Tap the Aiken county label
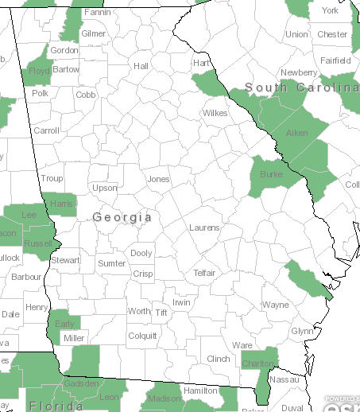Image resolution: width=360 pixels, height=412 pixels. pyautogui.click(x=297, y=133)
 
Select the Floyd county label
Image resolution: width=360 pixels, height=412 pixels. pyautogui.click(x=40, y=71)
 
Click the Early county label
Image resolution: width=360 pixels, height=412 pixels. pyautogui.click(x=64, y=325)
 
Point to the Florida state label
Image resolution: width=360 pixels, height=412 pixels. pyautogui.click(x=56, y=406)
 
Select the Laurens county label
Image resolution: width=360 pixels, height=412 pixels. pyautogui.click(x=204, y=228)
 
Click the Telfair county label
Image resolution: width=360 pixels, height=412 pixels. pyautogui.click(x=205, y=273)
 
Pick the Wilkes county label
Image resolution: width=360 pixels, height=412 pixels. pyautogui.click(x=215, y=113)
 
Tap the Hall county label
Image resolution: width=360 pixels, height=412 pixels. pyautogui.click(x=141, y=66)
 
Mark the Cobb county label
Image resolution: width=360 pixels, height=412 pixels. pyautogui.click(x=86, y=95)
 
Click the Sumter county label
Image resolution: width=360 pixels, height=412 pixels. pyautogui.click(x=111, y=263)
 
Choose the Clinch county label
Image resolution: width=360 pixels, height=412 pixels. pyautogui.click(x=219, y=359)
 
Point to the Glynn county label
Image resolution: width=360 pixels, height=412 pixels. pyautogui.click(x=302, y=331)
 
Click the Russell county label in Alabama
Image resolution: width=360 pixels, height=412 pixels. pyautogui.click(x=38, y=243)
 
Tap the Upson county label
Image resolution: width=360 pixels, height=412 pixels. pyautogui.click(x=105, y=189)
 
